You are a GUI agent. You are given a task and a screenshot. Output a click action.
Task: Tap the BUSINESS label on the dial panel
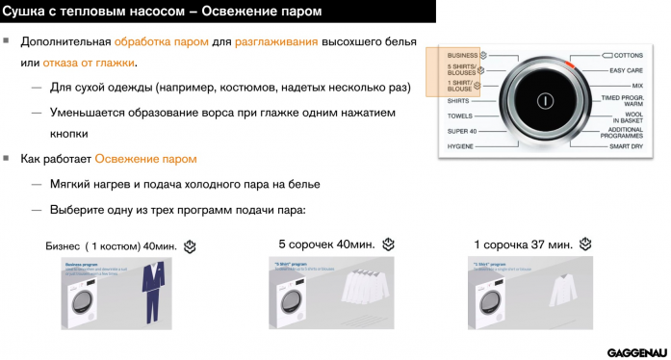(x=463, y=56)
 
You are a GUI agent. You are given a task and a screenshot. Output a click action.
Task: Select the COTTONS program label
(x=626, y=56)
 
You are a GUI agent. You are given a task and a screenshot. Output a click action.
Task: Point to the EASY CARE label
(x=626, y=70)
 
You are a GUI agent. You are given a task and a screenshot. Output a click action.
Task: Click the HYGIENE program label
(x=462, y=145)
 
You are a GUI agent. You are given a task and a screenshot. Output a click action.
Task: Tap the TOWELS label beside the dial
(x=459, y=116)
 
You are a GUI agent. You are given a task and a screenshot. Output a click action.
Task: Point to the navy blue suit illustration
(x=150, y=295)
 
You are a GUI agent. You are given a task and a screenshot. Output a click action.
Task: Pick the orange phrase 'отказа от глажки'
(x=89, y=63)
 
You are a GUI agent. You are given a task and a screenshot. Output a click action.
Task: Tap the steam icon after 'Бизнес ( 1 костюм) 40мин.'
(x=191, y=246)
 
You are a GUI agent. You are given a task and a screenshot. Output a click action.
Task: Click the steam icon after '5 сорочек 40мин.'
(x=389, y=244)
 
